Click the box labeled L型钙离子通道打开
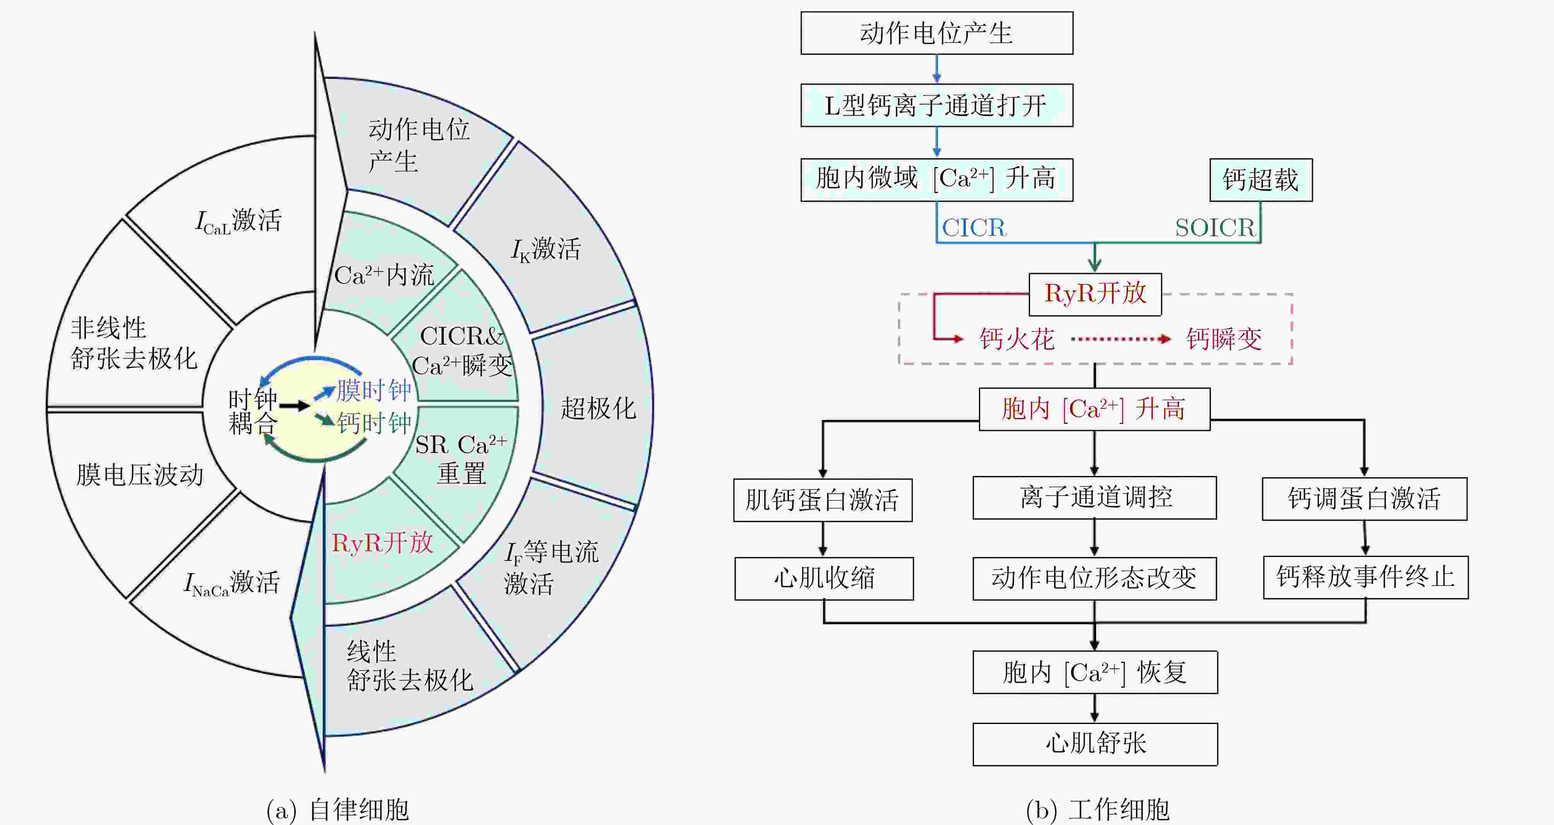coord(936,106)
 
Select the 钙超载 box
coord(1260,180)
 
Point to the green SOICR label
coord(1214,228)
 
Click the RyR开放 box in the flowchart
coord(1094,294)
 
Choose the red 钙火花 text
coord(1017,339)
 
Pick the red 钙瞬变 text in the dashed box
coord(1224,339)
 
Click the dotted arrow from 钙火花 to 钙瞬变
coord(1120,339)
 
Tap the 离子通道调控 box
coord(1094,497)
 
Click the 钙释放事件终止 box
coord(1365,577)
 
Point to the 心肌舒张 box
coord(1094,744)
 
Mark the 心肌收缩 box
coord(823,578)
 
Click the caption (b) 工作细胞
coord(1097,809)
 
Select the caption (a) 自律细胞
coord(338,809)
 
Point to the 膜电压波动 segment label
coord(139,475)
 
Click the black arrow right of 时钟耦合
coord(294,406)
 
